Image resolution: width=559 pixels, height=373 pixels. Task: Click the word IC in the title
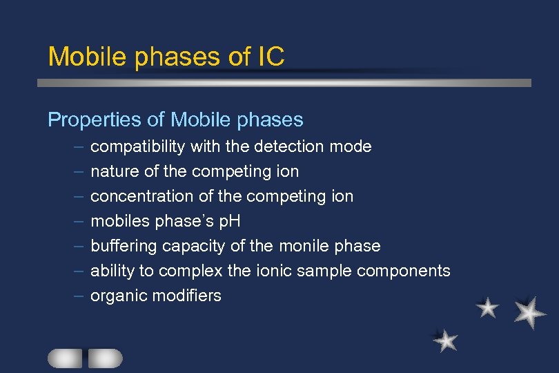[x=269, y=57]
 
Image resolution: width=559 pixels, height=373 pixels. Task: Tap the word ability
[x=109, y=271]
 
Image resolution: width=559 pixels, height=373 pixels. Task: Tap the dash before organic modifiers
[x=79, y=296]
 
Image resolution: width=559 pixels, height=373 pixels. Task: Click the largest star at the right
[x=530, y=312]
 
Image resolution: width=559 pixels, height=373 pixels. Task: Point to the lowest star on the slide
[x=446, y=340]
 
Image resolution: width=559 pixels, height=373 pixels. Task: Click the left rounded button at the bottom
[x=65, y=358]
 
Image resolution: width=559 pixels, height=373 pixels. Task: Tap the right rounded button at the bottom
[x=105, y=358]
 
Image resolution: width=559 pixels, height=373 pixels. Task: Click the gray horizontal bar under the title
[x=283, y=83]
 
